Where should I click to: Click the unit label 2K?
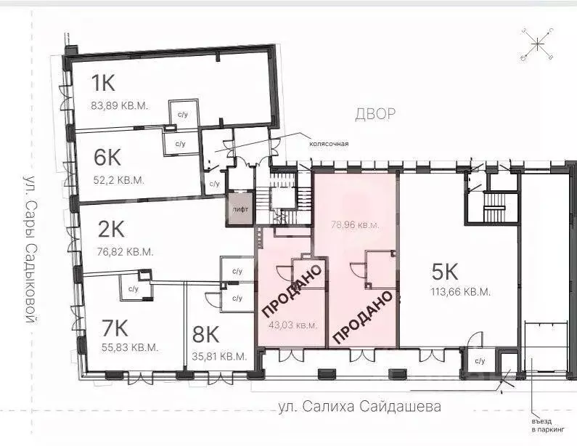click(x=112, y=230)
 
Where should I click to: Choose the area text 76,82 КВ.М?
click(x=126, y=252)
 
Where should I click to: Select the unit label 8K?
click(x=205, y=334)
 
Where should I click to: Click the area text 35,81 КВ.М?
click(x=220, y=357)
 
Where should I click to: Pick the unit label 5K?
click(x=444, y=272)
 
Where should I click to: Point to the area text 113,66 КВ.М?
click(x=460, y=292)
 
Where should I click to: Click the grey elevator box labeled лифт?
click(x=240, y=210)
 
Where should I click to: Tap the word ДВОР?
click(x=375, y=114)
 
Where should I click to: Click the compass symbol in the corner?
click(x=538, y=44)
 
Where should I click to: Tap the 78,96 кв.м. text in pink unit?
click(x=356, y=225)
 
